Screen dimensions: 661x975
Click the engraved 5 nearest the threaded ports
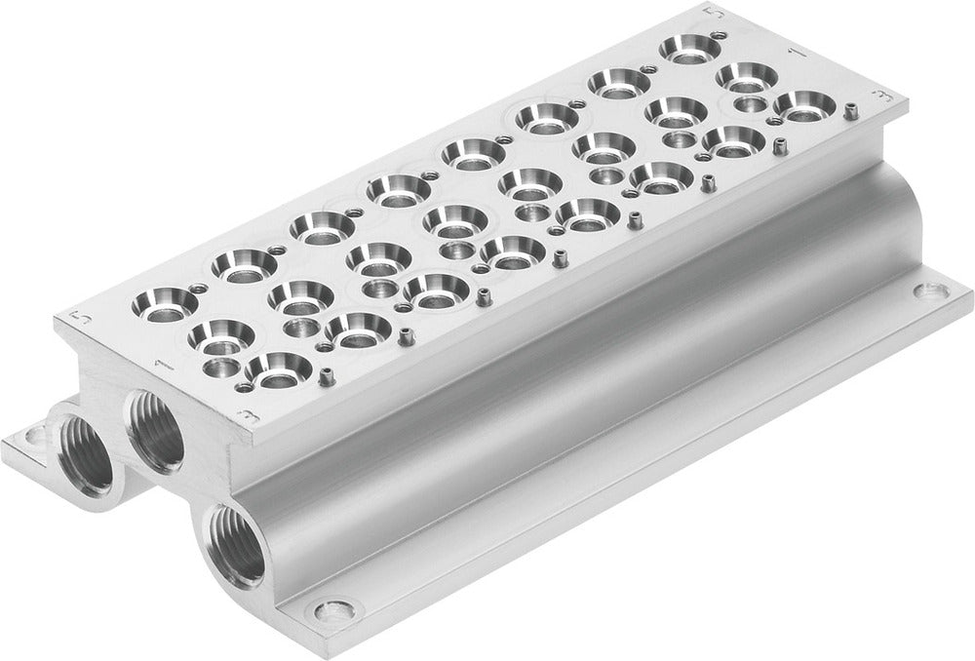[82, 318]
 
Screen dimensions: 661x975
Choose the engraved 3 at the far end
[882, 96]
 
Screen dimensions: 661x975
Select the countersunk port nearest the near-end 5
[158, 300]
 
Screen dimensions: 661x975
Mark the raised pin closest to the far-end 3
[780, 148]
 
